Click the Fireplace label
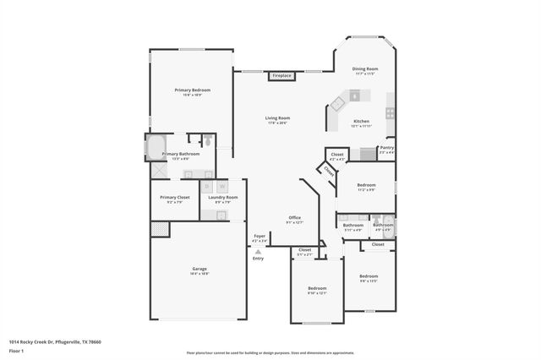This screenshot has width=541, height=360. click(x=281, y=76)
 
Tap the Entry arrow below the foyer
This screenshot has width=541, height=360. click(x=258, y=252)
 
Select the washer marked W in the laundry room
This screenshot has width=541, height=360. click(x=222, y=186)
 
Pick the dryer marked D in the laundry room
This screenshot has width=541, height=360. click(x=207, y=186)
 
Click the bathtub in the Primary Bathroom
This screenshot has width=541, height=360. click(x=156, y=149)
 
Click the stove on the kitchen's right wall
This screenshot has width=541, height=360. click(x=390, y=112)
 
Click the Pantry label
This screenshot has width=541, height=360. click(x=386, y=148)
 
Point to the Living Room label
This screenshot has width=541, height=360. click(x=277, y=118)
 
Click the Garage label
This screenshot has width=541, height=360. click(x=199, y=269)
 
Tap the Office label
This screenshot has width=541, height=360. click(x=295, y=218)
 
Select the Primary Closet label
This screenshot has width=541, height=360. click(x=174, y=197)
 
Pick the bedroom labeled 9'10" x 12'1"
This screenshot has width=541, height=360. click(x=316, y=289)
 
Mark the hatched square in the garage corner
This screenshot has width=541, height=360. click(x=158, y=228)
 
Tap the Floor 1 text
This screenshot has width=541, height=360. click(x=15, y=350)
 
